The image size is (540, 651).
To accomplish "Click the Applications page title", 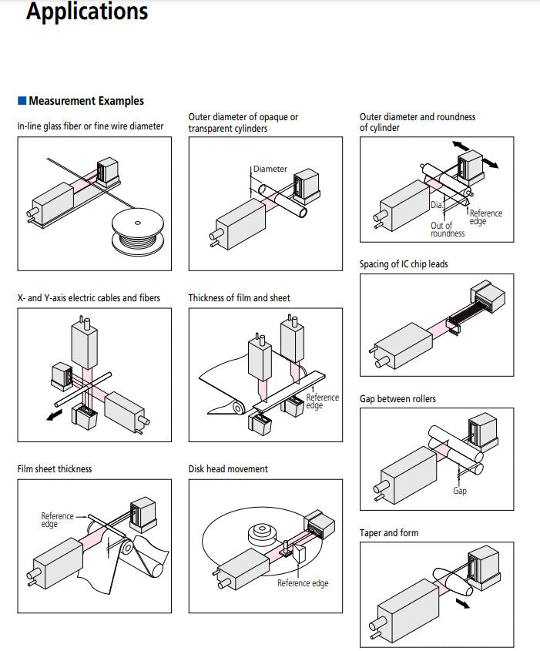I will point(87,12).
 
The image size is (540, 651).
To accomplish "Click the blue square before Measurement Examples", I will point(22,101).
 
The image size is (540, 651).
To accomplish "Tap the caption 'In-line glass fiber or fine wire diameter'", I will point(91,126).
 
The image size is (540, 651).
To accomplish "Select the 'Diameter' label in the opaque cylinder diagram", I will point(270,169).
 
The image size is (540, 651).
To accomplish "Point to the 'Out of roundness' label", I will point(447,230).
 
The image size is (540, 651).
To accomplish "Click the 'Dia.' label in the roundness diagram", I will point(436,205).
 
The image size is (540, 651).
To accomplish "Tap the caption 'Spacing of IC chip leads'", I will point(404,264).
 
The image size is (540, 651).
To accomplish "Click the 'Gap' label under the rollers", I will point(459,490).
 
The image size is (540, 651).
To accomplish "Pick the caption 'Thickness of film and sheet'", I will point(240,297).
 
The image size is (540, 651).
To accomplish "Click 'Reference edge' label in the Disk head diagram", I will point(303,583).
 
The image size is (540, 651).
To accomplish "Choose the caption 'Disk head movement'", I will point(228,468).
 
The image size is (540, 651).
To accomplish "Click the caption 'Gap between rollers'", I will point(397,399).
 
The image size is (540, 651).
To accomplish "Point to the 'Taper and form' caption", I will point(389,533).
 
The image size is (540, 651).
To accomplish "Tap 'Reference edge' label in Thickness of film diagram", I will point(322,401).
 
